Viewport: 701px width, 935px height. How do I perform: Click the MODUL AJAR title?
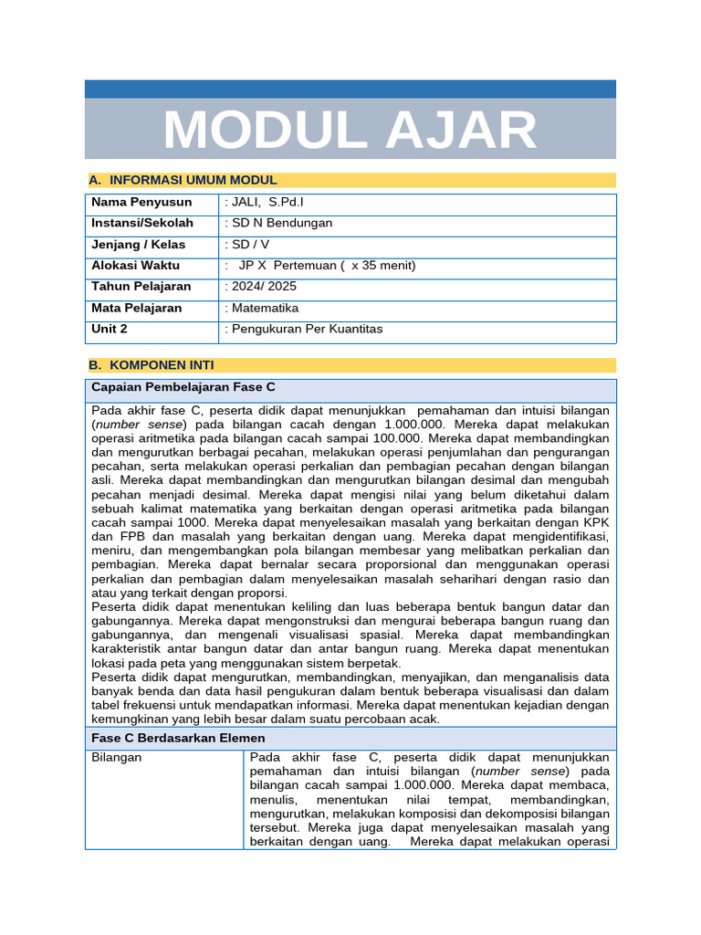(350, 130)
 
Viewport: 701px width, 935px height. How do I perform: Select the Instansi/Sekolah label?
(142, 223)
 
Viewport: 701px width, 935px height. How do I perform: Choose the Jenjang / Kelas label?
(138, 245)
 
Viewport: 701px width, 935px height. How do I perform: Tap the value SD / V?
(250, 245)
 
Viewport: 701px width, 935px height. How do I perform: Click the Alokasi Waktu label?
(135, 266)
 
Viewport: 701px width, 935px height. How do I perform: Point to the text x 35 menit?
(382, 266)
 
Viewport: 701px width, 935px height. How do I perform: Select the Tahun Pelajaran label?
(141, 287)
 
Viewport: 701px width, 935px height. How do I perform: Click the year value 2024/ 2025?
(265, 287)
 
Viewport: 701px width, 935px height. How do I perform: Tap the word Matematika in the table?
(265, 309)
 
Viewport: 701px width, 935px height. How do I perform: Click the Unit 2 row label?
(110, 329)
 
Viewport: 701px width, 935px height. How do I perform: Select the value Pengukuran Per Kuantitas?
(307, 329)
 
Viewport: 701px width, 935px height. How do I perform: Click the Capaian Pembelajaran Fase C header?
(183, 387)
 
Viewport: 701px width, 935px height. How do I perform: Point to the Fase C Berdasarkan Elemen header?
(178, 738)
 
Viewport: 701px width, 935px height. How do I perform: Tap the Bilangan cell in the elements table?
(117, 758)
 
